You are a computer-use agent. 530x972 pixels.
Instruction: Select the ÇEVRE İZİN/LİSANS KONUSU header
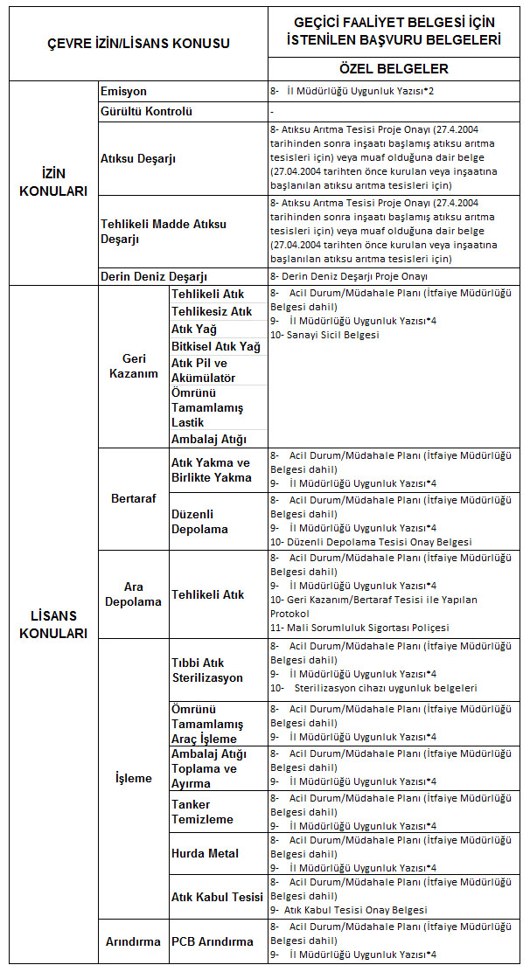137,43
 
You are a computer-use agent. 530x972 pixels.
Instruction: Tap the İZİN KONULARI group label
53,182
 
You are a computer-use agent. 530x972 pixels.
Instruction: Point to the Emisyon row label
123,91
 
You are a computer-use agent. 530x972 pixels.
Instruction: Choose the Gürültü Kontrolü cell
147,111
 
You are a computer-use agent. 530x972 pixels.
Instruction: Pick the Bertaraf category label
133,497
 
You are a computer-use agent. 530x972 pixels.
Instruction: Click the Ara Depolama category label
133,594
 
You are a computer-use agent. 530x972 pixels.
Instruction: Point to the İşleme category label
133,778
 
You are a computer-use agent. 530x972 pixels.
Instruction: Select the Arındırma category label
133,941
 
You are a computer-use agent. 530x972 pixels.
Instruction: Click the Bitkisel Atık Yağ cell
216,347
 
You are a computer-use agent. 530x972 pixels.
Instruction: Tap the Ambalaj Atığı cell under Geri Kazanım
209,439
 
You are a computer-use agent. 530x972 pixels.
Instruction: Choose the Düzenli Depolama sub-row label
199,521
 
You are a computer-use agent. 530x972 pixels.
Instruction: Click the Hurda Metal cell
205,853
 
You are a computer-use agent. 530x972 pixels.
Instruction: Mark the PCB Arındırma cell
213,941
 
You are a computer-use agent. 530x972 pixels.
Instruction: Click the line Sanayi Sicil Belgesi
324,335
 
